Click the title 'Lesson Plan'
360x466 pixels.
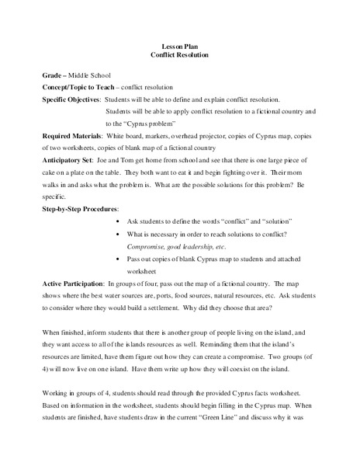pyautogui.click(x=181, y=46)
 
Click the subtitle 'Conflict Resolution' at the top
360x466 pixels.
pyautogui.click(x=181, y=57)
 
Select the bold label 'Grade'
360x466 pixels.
pyautogui.click(x=53, y=76)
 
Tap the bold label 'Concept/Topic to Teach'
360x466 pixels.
pyautogui.click(x=81, y=89)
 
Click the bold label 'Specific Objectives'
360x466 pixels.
pyautogui.click(x=71, y=100)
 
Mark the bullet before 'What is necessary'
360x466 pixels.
pyautogui.click(x=116, y=236)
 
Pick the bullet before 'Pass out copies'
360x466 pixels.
pyautogui.click(x=116, y=260)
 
